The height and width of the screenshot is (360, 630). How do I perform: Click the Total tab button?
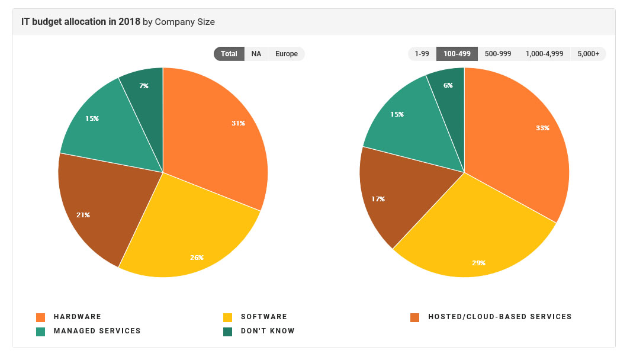pos(229,54)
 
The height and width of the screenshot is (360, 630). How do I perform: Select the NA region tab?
pos(256,54)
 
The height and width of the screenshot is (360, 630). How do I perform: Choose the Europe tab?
pos(287,54)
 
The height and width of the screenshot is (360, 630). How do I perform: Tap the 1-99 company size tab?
pos(422,54)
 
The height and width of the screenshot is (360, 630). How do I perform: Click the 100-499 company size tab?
pos(457,54)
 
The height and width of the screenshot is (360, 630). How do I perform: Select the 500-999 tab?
pos(498,54)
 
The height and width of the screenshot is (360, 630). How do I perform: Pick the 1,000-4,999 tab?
pos(544,54)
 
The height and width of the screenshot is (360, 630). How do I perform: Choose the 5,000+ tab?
pos(589,54)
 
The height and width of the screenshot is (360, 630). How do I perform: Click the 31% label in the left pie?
pos(238,123)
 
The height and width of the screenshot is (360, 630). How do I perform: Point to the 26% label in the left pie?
pos(197,258)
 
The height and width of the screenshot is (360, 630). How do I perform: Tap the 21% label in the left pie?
pos(83,215)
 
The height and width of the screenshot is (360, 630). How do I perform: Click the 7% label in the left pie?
pos(144,86)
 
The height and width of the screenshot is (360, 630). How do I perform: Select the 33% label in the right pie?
pos(542,128)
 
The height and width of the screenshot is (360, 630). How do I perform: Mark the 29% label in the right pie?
pos(478,262)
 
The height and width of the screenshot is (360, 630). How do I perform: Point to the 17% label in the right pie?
pos(378,199)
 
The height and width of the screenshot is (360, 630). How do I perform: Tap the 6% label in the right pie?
pos(448,85)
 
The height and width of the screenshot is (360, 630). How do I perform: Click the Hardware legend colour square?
pos(41,317)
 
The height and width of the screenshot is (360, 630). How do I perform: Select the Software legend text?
pos(263,317)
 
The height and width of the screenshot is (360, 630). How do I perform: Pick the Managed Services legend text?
pos(97,331)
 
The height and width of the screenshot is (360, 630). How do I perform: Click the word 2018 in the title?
pos(129,22)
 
